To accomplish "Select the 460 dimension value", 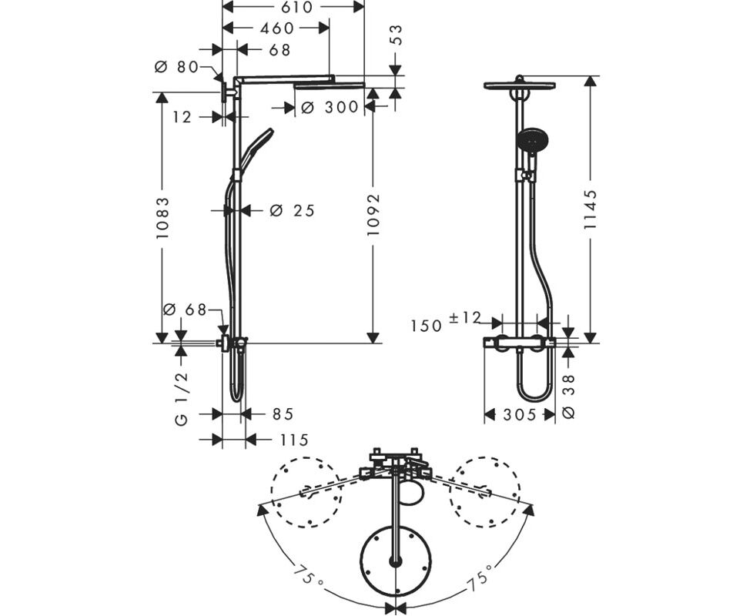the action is [276, 28].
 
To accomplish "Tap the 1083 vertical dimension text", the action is [162, 218].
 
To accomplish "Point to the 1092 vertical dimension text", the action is [373, 214].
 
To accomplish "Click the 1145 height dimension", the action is [591, 209].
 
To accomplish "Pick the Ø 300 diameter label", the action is [330, 107].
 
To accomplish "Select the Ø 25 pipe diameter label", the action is [292, 210].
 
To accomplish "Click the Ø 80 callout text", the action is [176, 67].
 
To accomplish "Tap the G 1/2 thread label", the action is [181, 399].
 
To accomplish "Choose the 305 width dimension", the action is [519, 414].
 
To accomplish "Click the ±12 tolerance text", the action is [465, 317].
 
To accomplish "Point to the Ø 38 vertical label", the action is [568, 397].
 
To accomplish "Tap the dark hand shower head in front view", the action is [533, 139].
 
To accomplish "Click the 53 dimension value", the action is [397, 35].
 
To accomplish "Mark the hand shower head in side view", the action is [256, 147].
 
